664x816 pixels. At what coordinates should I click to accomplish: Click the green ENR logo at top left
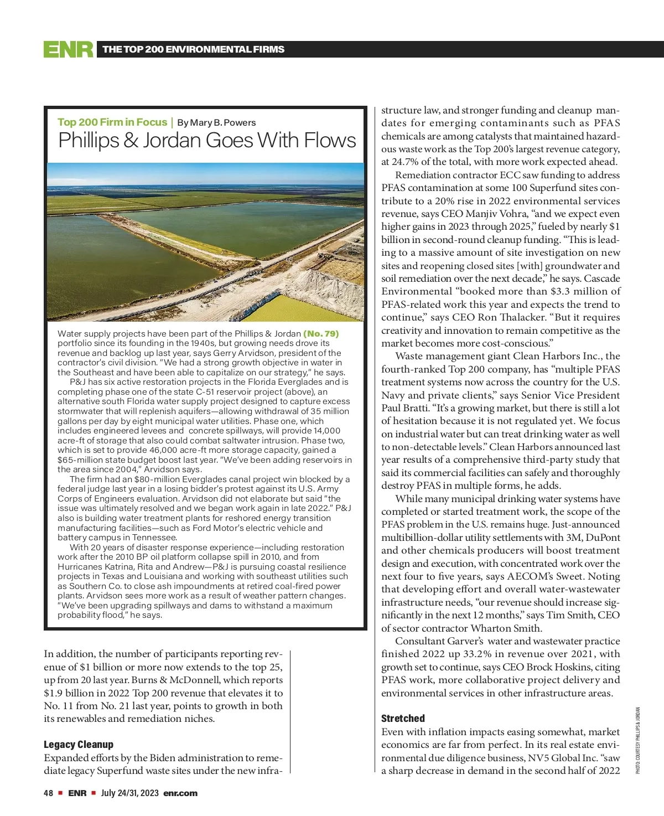coord(69,49)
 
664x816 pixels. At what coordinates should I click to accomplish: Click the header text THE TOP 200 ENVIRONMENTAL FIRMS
coord(193,49)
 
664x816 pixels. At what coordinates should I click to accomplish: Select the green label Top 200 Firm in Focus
coord(112,122)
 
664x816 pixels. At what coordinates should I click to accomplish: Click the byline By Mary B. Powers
coord(216,123)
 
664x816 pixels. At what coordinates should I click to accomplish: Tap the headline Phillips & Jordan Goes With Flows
coord(207,141)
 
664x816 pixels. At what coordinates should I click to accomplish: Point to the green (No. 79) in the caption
coord(321,334)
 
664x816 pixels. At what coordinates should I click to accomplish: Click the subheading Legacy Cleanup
coord(79,745)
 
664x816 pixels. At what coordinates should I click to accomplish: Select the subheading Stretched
coord(403,719)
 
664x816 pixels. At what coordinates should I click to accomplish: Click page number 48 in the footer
coord(48,793)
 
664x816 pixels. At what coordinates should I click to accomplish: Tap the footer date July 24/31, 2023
coord(130,793)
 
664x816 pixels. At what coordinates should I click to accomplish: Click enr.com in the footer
coord(180,793)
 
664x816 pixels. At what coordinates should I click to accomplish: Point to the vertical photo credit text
coord(637,740)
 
